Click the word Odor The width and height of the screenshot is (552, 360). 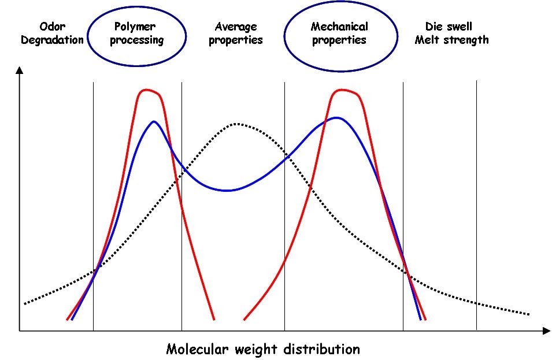(x=52, y=27)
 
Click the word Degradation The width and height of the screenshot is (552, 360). (x=52, y=40)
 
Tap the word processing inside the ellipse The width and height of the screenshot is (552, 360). (x=137, y=40)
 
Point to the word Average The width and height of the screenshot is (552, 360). (x=235, y=27)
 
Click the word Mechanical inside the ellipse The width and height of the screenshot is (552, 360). (x=339, y=27)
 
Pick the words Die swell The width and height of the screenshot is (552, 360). (x=449, y=27)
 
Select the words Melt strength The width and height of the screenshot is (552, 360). (x=451, y=40)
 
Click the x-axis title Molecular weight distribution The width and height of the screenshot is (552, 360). (x=263, y=349)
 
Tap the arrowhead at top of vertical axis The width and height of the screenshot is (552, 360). (x=20, y=70)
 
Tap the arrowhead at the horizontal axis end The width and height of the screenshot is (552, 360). (x=546, y=331)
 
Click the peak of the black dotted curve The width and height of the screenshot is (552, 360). (x=236, y=124)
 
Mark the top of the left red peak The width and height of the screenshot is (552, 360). (x=149, y=90)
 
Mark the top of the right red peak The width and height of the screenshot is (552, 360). (x=343, y=90)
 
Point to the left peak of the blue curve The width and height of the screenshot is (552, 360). (x=154, y=121)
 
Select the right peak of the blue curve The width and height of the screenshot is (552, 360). (x=336, y=118)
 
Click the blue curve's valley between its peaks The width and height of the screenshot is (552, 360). (x=227, y=190)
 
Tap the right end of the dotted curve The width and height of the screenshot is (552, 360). (x=528, y=314)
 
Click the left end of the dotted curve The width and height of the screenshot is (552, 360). (x=24, y=303)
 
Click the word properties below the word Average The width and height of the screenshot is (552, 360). (x=235, y=40)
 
